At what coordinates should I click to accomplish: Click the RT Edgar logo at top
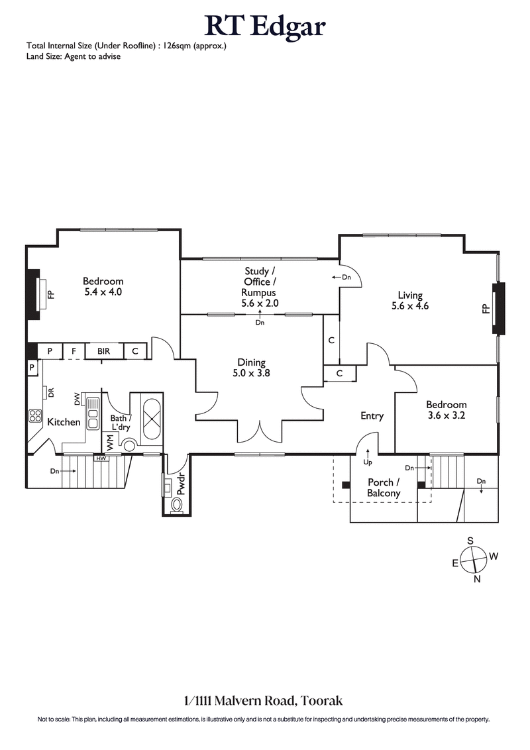[x=265, y=27]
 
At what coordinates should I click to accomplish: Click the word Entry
[x=372, y=416]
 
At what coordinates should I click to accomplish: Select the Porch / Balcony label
[x=384, y=488]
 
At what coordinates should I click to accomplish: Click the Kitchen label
[x=64, y=422]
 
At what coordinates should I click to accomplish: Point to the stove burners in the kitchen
[x=35, y=416]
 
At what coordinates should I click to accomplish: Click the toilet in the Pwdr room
[x=177, y=506]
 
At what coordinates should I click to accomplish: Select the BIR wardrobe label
[x=103, y=351]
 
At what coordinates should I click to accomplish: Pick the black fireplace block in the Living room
[x=498, y=307]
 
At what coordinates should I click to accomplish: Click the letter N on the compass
[x=477, y=579]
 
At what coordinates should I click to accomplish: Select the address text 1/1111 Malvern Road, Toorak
[x=263, y=700]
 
